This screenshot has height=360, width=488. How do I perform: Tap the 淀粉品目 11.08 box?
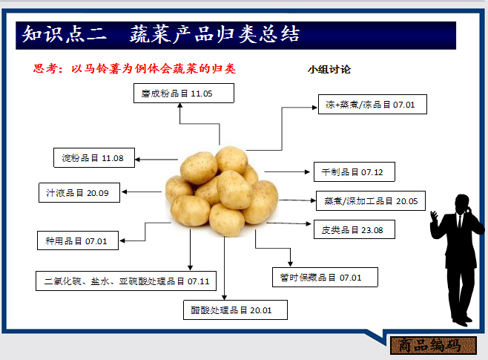tap(93, 158)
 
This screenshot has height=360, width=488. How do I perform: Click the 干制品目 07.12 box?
tap(353, 171)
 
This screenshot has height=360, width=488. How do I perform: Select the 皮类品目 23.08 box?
tap(353, 229)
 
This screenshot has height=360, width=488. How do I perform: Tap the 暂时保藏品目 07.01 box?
tap(325, 278)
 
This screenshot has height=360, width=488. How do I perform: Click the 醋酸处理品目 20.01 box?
tap(234, 310)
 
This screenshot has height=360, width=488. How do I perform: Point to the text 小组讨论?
tap(329, 70)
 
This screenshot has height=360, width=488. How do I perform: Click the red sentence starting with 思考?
tap(134, 69)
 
